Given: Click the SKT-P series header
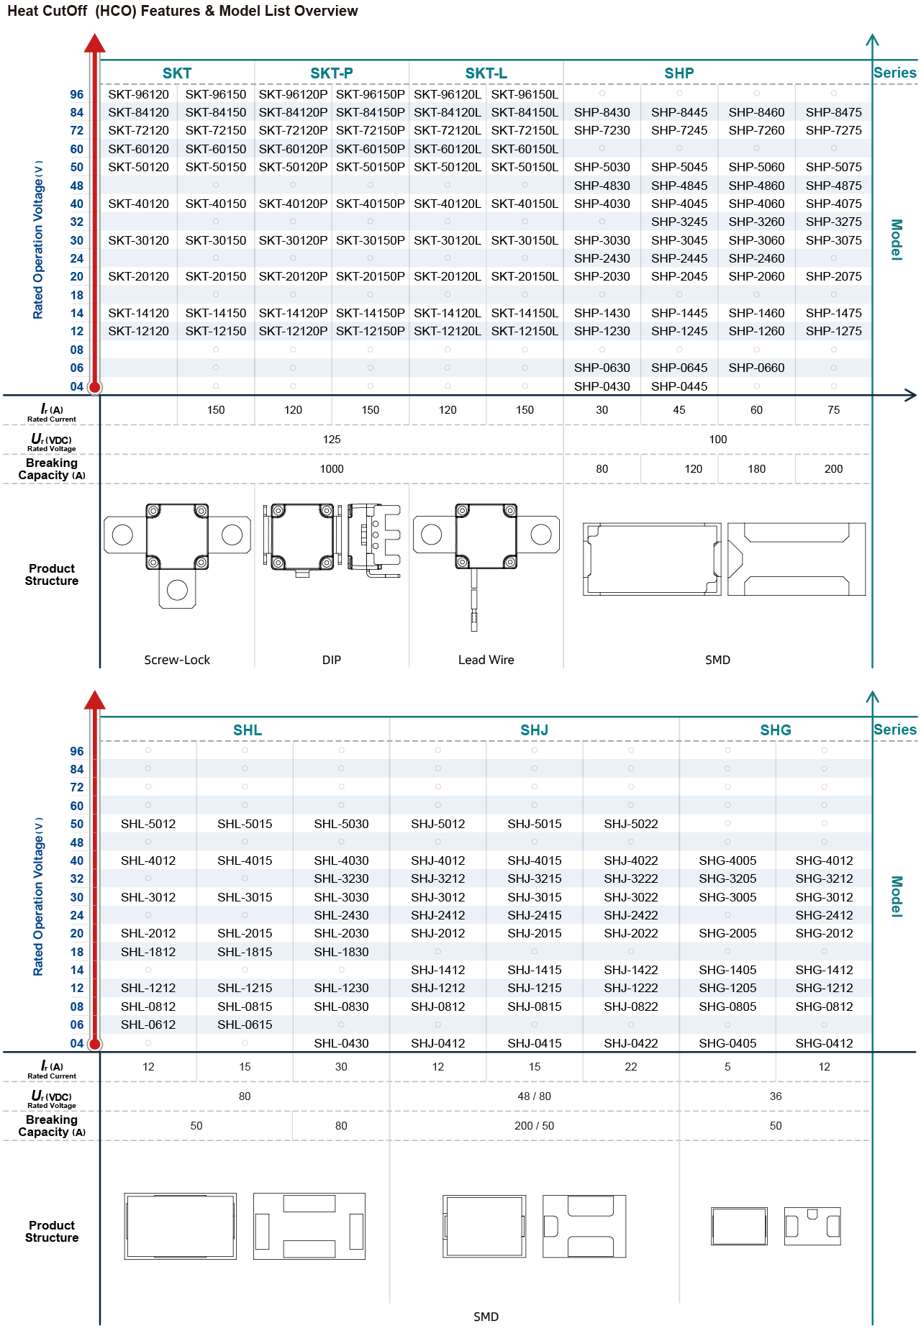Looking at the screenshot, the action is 332,73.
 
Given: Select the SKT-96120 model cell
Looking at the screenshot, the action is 139,94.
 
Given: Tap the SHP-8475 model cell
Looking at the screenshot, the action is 833,112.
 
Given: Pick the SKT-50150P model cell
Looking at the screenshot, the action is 370,167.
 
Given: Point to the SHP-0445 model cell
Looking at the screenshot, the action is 679,386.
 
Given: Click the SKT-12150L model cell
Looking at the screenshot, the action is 525,331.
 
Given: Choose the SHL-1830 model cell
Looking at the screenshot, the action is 341,952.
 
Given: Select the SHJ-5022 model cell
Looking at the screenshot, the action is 631,824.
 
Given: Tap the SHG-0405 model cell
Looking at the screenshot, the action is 727,1043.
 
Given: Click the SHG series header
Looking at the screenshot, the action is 776,730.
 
